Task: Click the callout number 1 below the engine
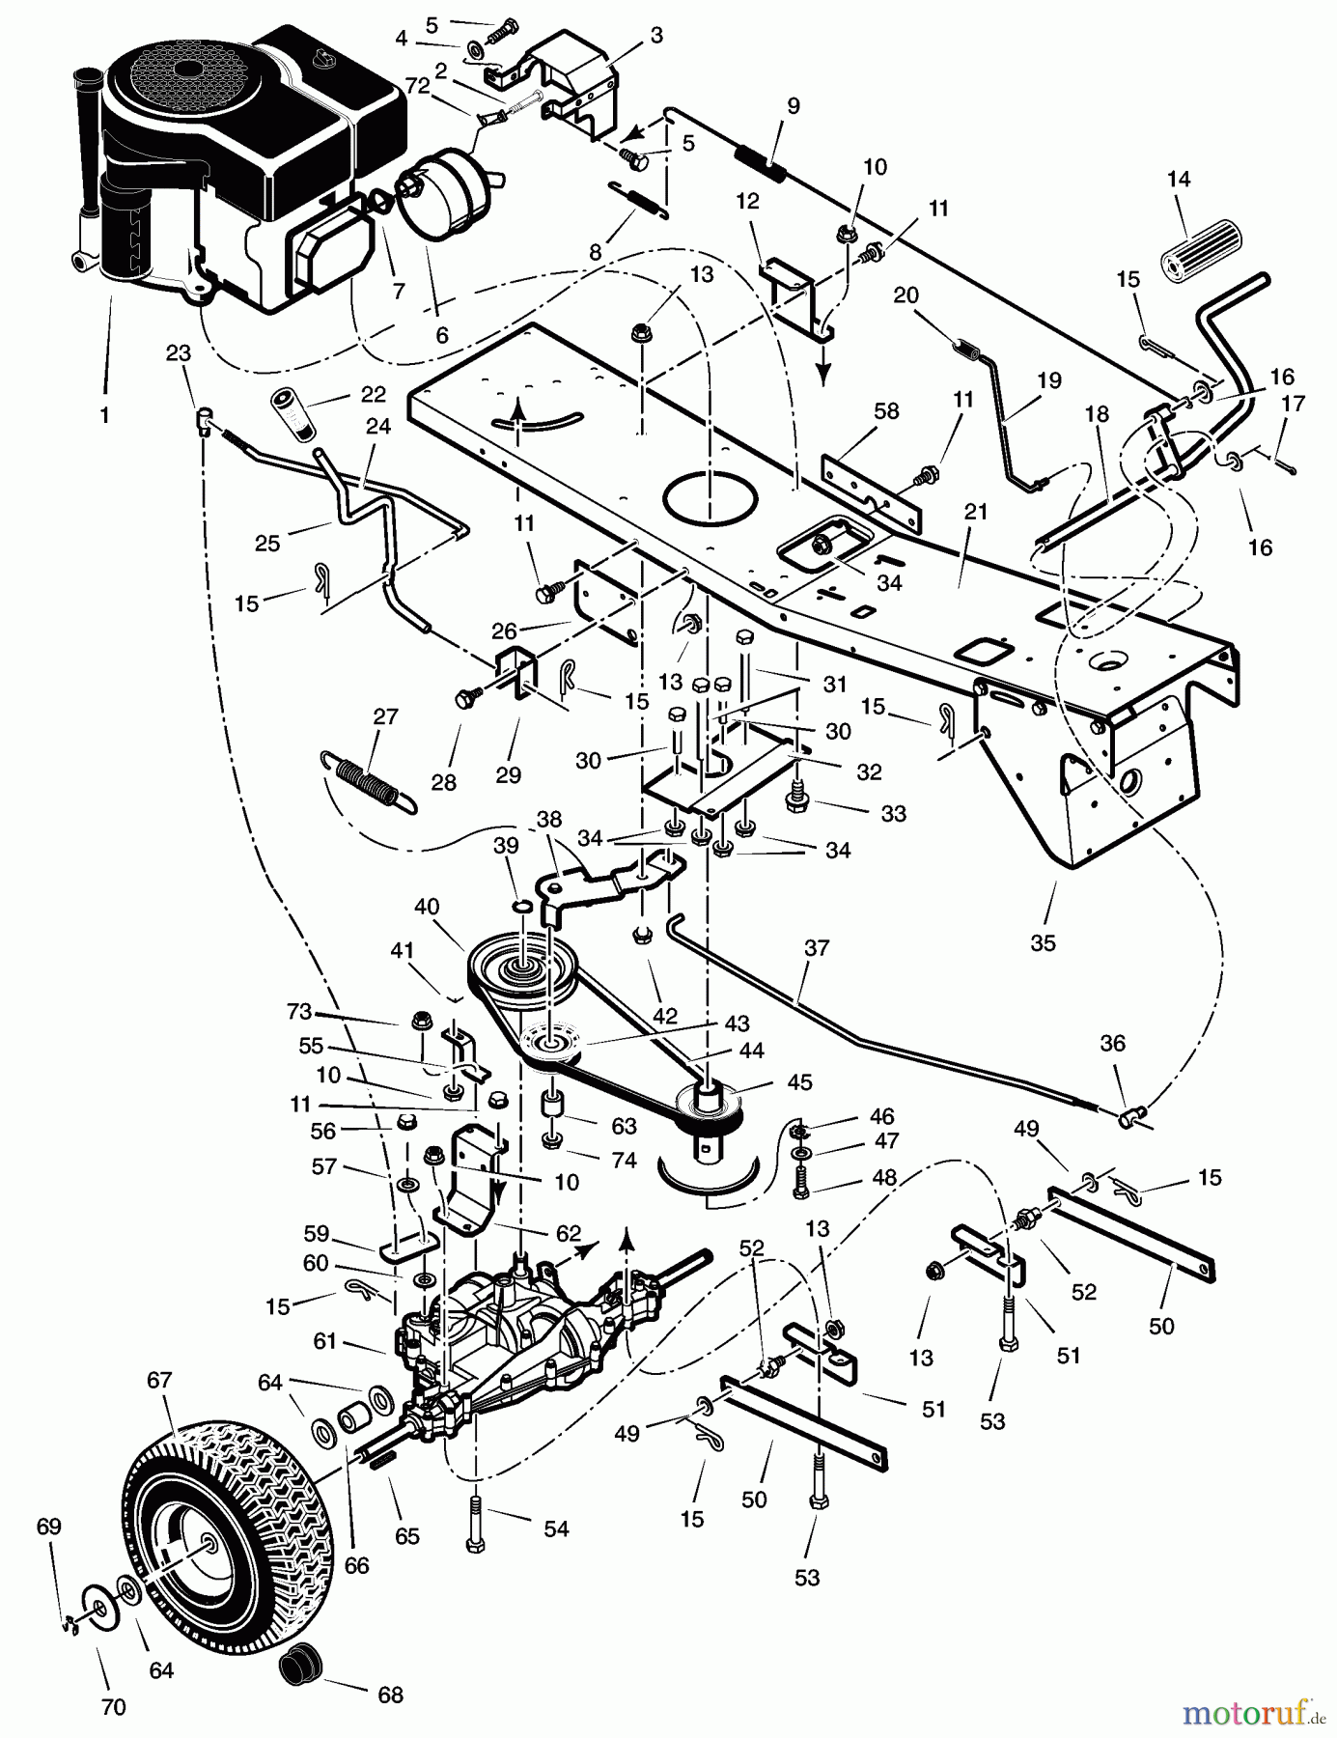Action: pos(104,415)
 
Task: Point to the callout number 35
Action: pos(1043,942)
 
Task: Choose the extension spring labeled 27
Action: pos(368,779)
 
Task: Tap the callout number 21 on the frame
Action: pos(976,511)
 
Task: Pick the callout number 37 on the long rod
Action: pos(816,949)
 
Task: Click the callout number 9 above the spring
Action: pos(793,106)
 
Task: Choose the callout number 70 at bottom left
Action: pos(113,1707)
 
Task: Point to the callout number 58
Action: pos(885,411)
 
